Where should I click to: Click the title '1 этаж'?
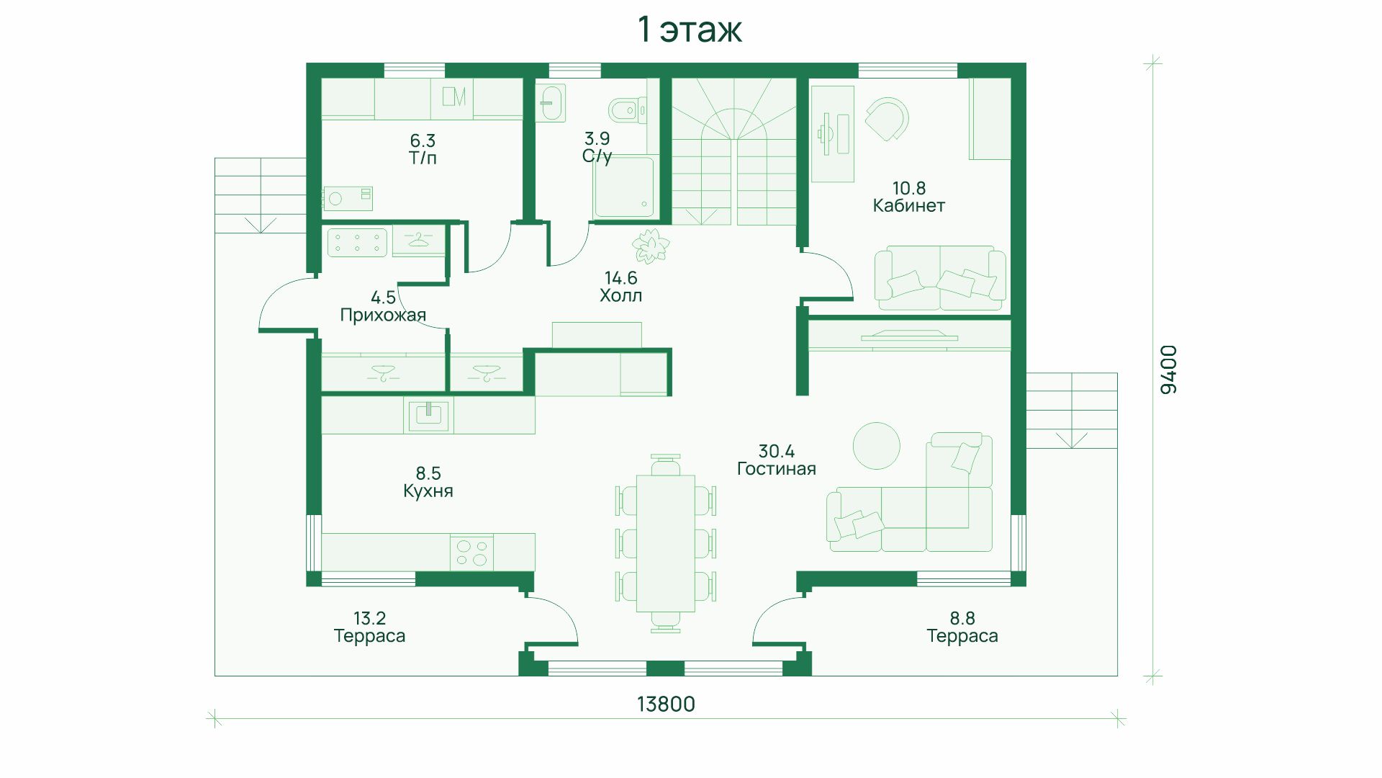pyautogui.click(x=690, y=30)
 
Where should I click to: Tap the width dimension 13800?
pyautogui.click(x=666, y=704)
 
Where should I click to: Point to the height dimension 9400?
pyautogui.click(x=1169, y=370)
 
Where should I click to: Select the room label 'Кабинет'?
pyautogui.click(x=908, y=205)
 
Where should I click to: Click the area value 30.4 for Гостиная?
pyautogui.click(x=776, y=451)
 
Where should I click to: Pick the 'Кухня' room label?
pyautogui.click(x=428, y=491)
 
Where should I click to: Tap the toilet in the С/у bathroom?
pyautogui.click(x=627, y=110)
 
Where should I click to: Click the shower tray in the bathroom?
pyautogui.click(x=624, y=187)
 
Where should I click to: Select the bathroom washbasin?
pyautogui.click(x=551, y=103)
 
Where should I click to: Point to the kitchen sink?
pyautogui.click(x=428, y=416)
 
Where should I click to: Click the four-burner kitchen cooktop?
pyautogui.click(x=471, y=553)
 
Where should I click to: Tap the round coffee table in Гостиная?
pyautogui.click(x=876, y=446)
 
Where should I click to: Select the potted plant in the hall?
pyautogui.click(x=651, y=246)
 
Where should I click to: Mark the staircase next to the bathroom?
pyautogui.click(x=734, y=151)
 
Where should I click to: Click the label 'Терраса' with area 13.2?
pyautogui.click(x=369, y=636)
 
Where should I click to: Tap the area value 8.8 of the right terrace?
pyautogui.click(x=962, y=618)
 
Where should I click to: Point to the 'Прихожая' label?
pyautogui.click(x=383, y=315)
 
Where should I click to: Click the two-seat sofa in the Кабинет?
pyautogui.click(x=940, y=278)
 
